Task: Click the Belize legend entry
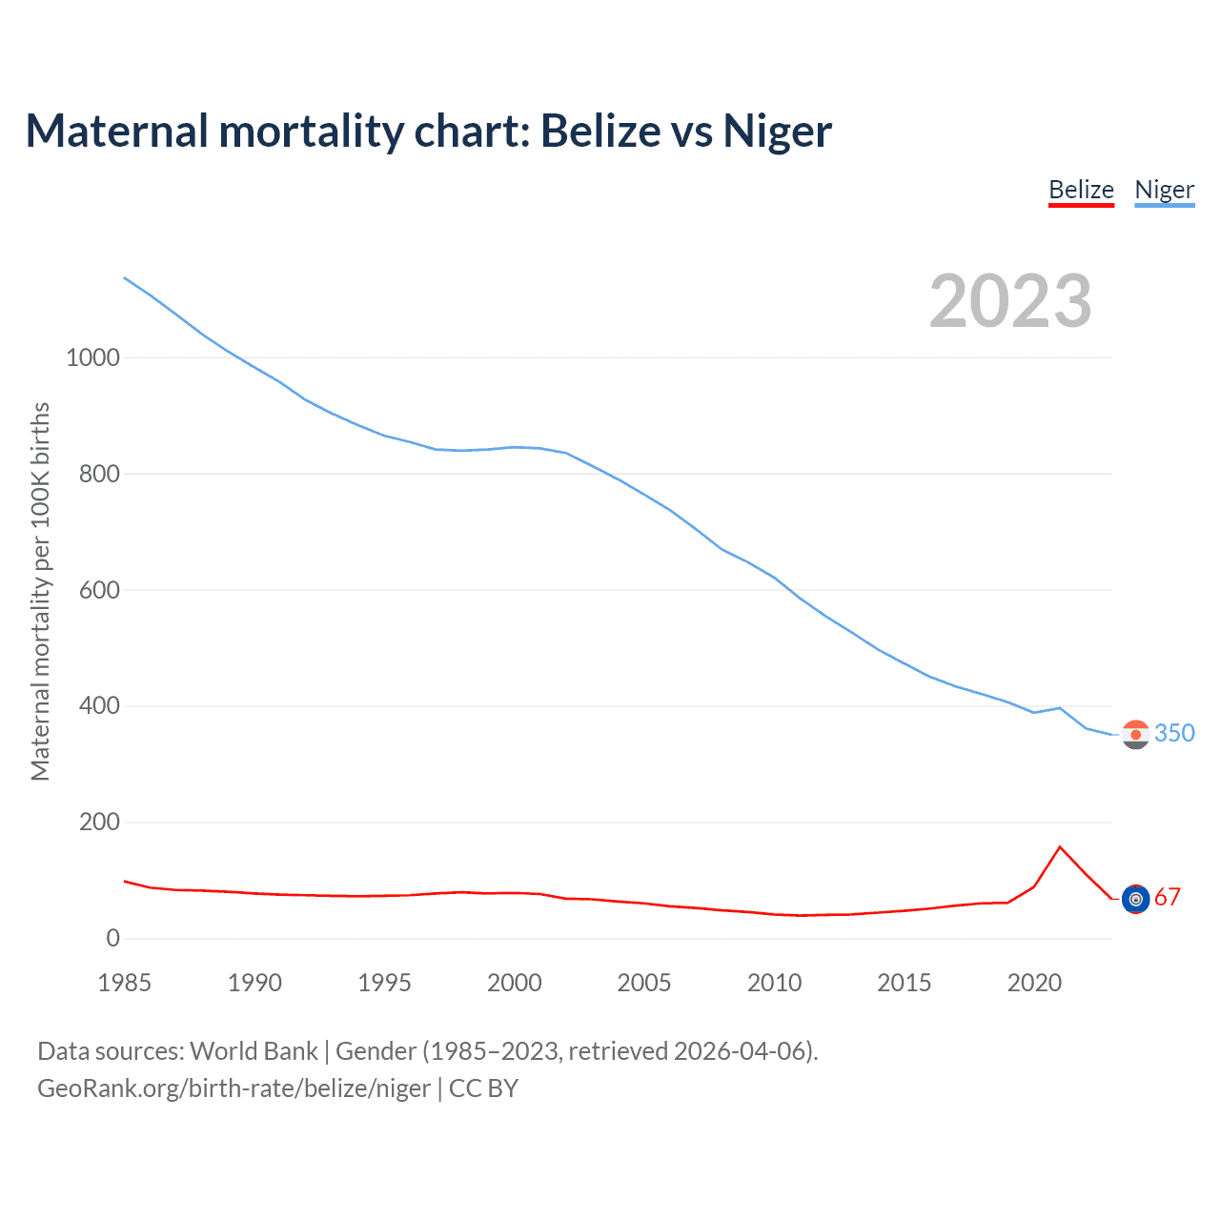1081,190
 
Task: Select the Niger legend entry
1164,190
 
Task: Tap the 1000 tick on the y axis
92,358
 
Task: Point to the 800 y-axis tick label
99,474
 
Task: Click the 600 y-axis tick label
99,590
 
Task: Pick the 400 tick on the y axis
99,706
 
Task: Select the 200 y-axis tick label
99,822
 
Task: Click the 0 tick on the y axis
113,938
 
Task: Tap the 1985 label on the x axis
124,983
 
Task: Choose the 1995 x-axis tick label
384,983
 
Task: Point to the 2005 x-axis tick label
644,983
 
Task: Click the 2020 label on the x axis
1034,983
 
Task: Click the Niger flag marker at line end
1135,734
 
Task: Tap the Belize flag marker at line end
1135,899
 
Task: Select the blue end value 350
1174,733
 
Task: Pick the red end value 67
1168,897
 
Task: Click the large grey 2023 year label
1010,301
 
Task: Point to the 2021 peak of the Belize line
1060,846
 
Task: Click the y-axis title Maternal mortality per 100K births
40,591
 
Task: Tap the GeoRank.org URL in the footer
234,1088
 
